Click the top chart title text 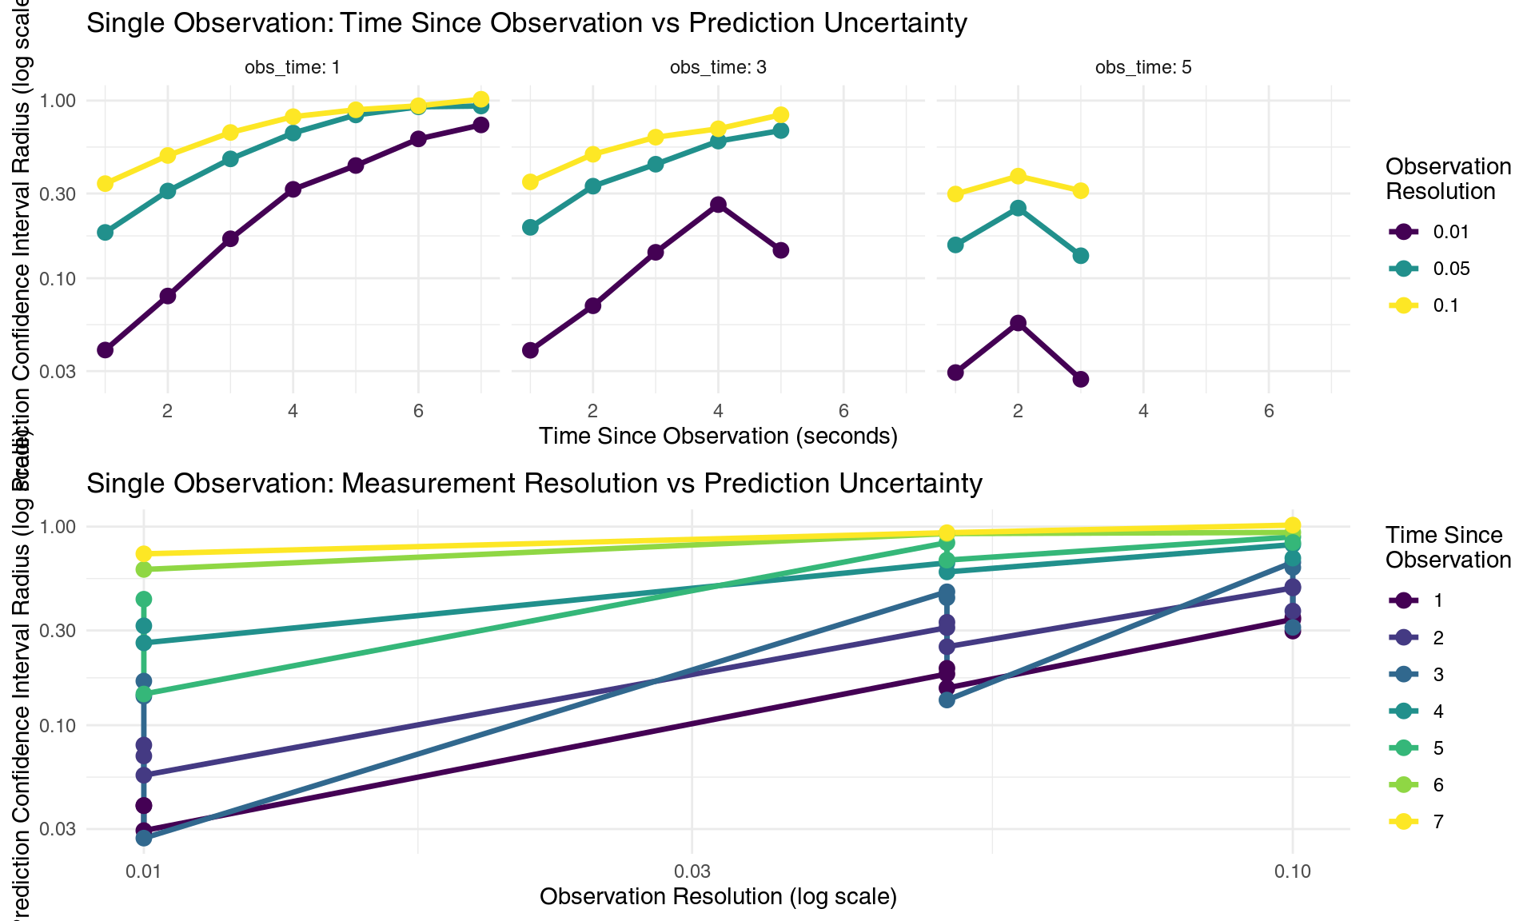tap(526, 22)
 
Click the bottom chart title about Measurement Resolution tap(533, 483)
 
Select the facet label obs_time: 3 tap(718, 67)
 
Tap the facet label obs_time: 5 tap(1143, 67)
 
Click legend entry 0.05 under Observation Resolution tap(1450, 269)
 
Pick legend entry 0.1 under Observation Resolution tap(1445, 305)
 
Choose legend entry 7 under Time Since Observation tap(1437, 822)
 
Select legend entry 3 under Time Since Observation tap(1437, 675)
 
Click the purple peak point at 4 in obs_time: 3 tap(718, 205)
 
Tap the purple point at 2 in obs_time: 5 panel tap(1018, 323)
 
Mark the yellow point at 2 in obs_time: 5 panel tap(1018, 176)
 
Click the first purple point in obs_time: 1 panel tap(105, 350)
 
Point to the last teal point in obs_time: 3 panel tap(781, 130)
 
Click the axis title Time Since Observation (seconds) tap(718, 436)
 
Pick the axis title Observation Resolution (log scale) tap(718, 896)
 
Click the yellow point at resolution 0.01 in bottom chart tap(144, 553)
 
